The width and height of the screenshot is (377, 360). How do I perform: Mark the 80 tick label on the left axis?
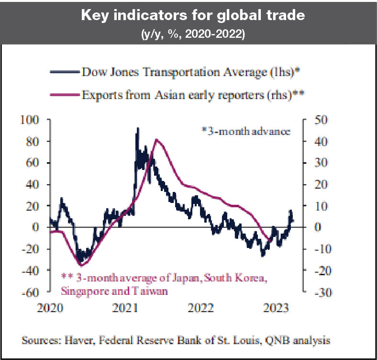point(32,141)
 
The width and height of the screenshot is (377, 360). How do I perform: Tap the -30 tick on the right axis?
point(316,292)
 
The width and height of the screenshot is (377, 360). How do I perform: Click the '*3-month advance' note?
point(246,131)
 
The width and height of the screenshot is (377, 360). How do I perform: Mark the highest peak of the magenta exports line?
point(156,139)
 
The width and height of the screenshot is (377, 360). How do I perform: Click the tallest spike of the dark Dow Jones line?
point(138,128)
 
